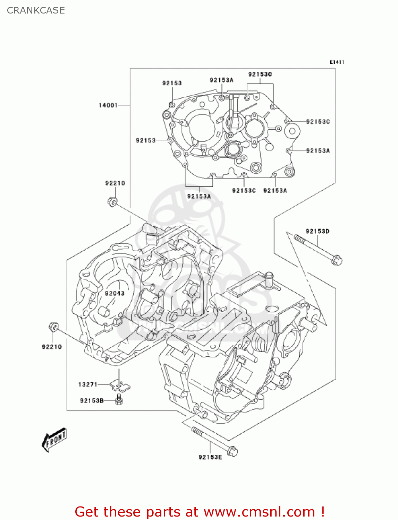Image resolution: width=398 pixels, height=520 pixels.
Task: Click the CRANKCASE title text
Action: click(x=36, y=10)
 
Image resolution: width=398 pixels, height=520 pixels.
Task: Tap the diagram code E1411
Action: click(x=337, y=62)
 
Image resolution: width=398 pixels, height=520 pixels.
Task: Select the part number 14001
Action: click(x=108, y=105)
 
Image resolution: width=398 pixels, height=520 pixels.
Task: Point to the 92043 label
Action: click(x=115, y=293)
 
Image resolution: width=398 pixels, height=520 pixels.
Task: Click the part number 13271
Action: click(x=88, y=384)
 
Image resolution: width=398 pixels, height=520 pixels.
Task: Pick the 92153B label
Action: click(x=92, y=401)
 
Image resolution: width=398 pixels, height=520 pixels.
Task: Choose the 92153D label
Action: click(x=317, y=231)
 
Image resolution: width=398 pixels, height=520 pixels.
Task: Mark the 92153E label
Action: click(x=210, y=457)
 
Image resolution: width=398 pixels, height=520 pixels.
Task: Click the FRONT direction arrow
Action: click(x=54, y=440)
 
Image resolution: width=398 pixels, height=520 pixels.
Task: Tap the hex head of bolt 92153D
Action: click(x=337, y=260)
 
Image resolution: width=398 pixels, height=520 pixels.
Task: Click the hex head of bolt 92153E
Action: click(x=232, y=451)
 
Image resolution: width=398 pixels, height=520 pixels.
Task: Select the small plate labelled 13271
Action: click(x=120, y=385)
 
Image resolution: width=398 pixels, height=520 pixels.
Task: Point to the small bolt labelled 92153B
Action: click(x=119, y=400)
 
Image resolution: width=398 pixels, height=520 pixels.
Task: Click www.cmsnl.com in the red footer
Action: click(x=259, y=512)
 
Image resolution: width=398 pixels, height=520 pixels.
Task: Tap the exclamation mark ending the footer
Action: click(x=322, y=512)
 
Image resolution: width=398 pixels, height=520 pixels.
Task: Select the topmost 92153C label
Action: click(x=260, y=74)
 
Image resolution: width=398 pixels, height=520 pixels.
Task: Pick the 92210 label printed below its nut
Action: click(x=52, y=347)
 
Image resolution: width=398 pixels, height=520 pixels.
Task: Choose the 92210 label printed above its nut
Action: click(x=115, y=183)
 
